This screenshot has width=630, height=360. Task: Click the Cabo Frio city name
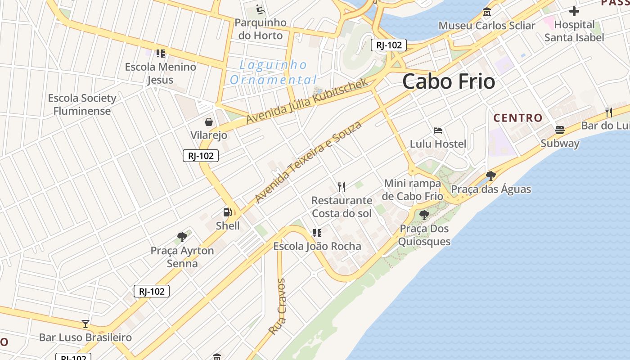(x=449, y=81)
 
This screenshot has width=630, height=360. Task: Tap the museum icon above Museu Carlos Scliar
(x=486, y=12)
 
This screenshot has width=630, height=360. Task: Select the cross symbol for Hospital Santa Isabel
(x=574, y=11)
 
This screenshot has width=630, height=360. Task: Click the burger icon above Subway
(x=560, y=130)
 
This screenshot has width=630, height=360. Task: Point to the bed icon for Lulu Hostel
(x=438, y=130)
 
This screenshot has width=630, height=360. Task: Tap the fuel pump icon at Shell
(x=228, y=212)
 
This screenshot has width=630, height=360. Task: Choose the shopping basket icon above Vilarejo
(x=209, y=122)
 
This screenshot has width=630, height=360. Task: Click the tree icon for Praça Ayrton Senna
(x=182, y=237)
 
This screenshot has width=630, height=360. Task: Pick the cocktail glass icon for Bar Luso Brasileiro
(x=85, y=324)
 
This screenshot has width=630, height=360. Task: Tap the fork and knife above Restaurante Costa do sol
(x=342, y=187)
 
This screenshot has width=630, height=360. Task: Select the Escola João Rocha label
(x=317, y=246)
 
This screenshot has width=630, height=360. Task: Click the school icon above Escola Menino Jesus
(x=161, y=54)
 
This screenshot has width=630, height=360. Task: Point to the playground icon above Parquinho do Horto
(x=260, y=9)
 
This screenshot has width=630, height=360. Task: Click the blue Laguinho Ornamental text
(x=273, y=72)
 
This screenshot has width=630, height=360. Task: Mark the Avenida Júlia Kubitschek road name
(x=307, y=101)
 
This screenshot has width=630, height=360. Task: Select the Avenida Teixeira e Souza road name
(x=308, y=161)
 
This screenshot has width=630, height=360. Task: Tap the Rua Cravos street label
(x=277, y=306)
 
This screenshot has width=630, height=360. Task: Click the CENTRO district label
(x=518, y=118)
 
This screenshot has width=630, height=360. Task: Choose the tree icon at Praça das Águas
(x=491, y=175)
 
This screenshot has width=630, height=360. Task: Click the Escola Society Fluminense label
(x=82, y=104)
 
